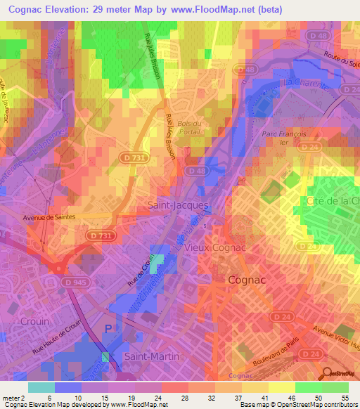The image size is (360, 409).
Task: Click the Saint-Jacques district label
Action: click(178, 205)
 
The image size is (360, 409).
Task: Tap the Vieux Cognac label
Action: click(214, 247)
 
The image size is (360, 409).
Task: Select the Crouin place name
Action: click(35, 320)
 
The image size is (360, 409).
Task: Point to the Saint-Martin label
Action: click(151, 356)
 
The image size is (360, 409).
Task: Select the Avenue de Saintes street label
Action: click(48, 219)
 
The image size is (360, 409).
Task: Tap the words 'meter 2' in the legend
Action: click(13, 397)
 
